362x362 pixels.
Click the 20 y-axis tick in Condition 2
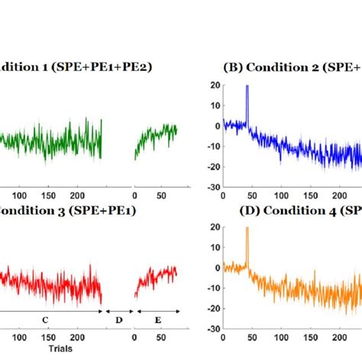pos(216,86)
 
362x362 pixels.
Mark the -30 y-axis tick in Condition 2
pos(214,187)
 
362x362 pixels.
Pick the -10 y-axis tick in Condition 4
pos(214,289)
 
